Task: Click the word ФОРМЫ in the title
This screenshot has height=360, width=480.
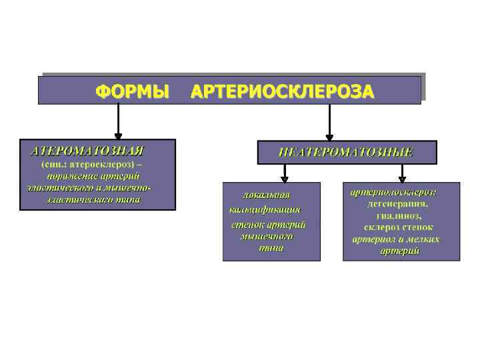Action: click(132, 90)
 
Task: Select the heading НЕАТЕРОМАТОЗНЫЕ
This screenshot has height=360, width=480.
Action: click(346, 152)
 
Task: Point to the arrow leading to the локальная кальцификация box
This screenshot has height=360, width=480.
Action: click(285, 173)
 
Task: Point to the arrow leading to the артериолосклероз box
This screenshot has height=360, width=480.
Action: click(401, 173)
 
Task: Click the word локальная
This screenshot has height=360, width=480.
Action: click(267, 195)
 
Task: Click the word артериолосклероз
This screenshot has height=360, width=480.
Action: click(402, 192)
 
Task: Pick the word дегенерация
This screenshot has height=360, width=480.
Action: click(401, 204)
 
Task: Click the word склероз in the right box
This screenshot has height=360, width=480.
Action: click(380, 227)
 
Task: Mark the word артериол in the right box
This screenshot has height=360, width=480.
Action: click(379, 239)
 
